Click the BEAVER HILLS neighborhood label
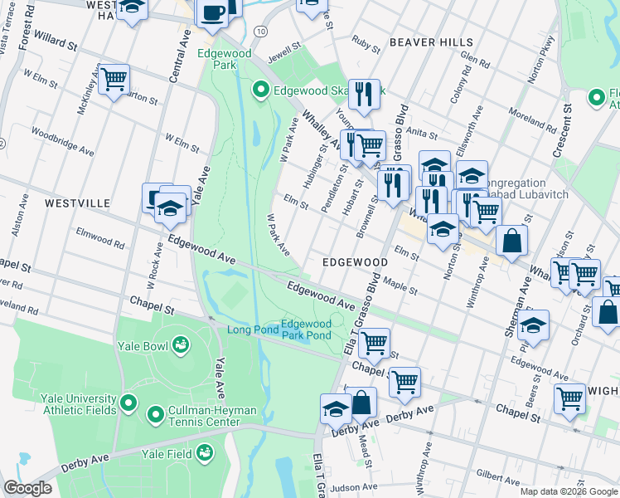pyautogui.click(x=431, y=42)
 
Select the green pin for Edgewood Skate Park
pyautogui.click(x=260, y=90)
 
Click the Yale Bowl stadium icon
pyautogui.click(x=180, y=344)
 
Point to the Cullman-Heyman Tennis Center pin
pyautogui.click(x=155, y=413)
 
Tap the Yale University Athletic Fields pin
pyautogui.click(x=128, y=404)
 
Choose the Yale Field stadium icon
pyautogui.click(x=203, y=453)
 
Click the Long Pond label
pyautogui.click(x=250, y=331)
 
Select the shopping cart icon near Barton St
pyautogui.click(x=114, y=80)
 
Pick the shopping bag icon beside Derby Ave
pyautogui.click(x=361, y=403)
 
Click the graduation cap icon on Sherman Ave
pyautogui.click(x=535, y=325)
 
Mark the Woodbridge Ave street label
pyautogui.click(x=63, y=140)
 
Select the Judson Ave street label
pyautogui.click(x=353, y=487)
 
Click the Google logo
pyautogui.click(x=27, y=488)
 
